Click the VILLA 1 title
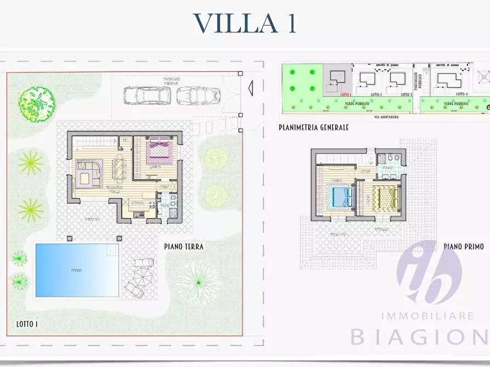[245, 23]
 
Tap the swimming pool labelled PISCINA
[76, 270]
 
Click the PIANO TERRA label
[184, 246]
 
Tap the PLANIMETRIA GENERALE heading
[313, 128]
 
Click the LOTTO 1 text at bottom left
[26, 324]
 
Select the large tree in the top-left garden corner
[36, 104]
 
